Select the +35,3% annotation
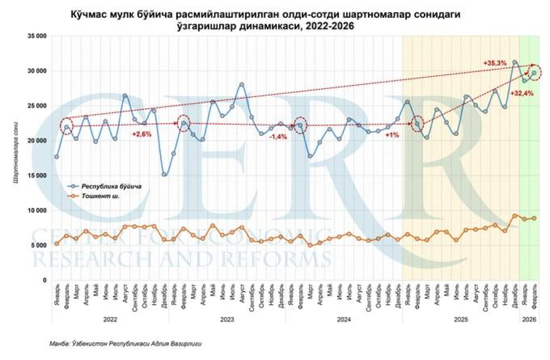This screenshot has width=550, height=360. [495, 63]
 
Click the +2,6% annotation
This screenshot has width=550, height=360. [142, 133]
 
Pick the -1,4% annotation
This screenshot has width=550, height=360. [278, 136]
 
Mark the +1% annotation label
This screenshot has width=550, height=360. [392, 135]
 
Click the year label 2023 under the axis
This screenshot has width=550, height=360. [227, 319]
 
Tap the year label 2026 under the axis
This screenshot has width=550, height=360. [529, 319]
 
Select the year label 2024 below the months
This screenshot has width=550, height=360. [344, 319]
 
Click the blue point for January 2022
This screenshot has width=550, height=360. [56, 157]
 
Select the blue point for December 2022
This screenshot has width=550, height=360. [164, 174]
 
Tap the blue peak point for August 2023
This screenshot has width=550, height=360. [242, 85]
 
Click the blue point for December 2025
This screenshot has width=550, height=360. [515, 62]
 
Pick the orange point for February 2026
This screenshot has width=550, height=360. [534, 218]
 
